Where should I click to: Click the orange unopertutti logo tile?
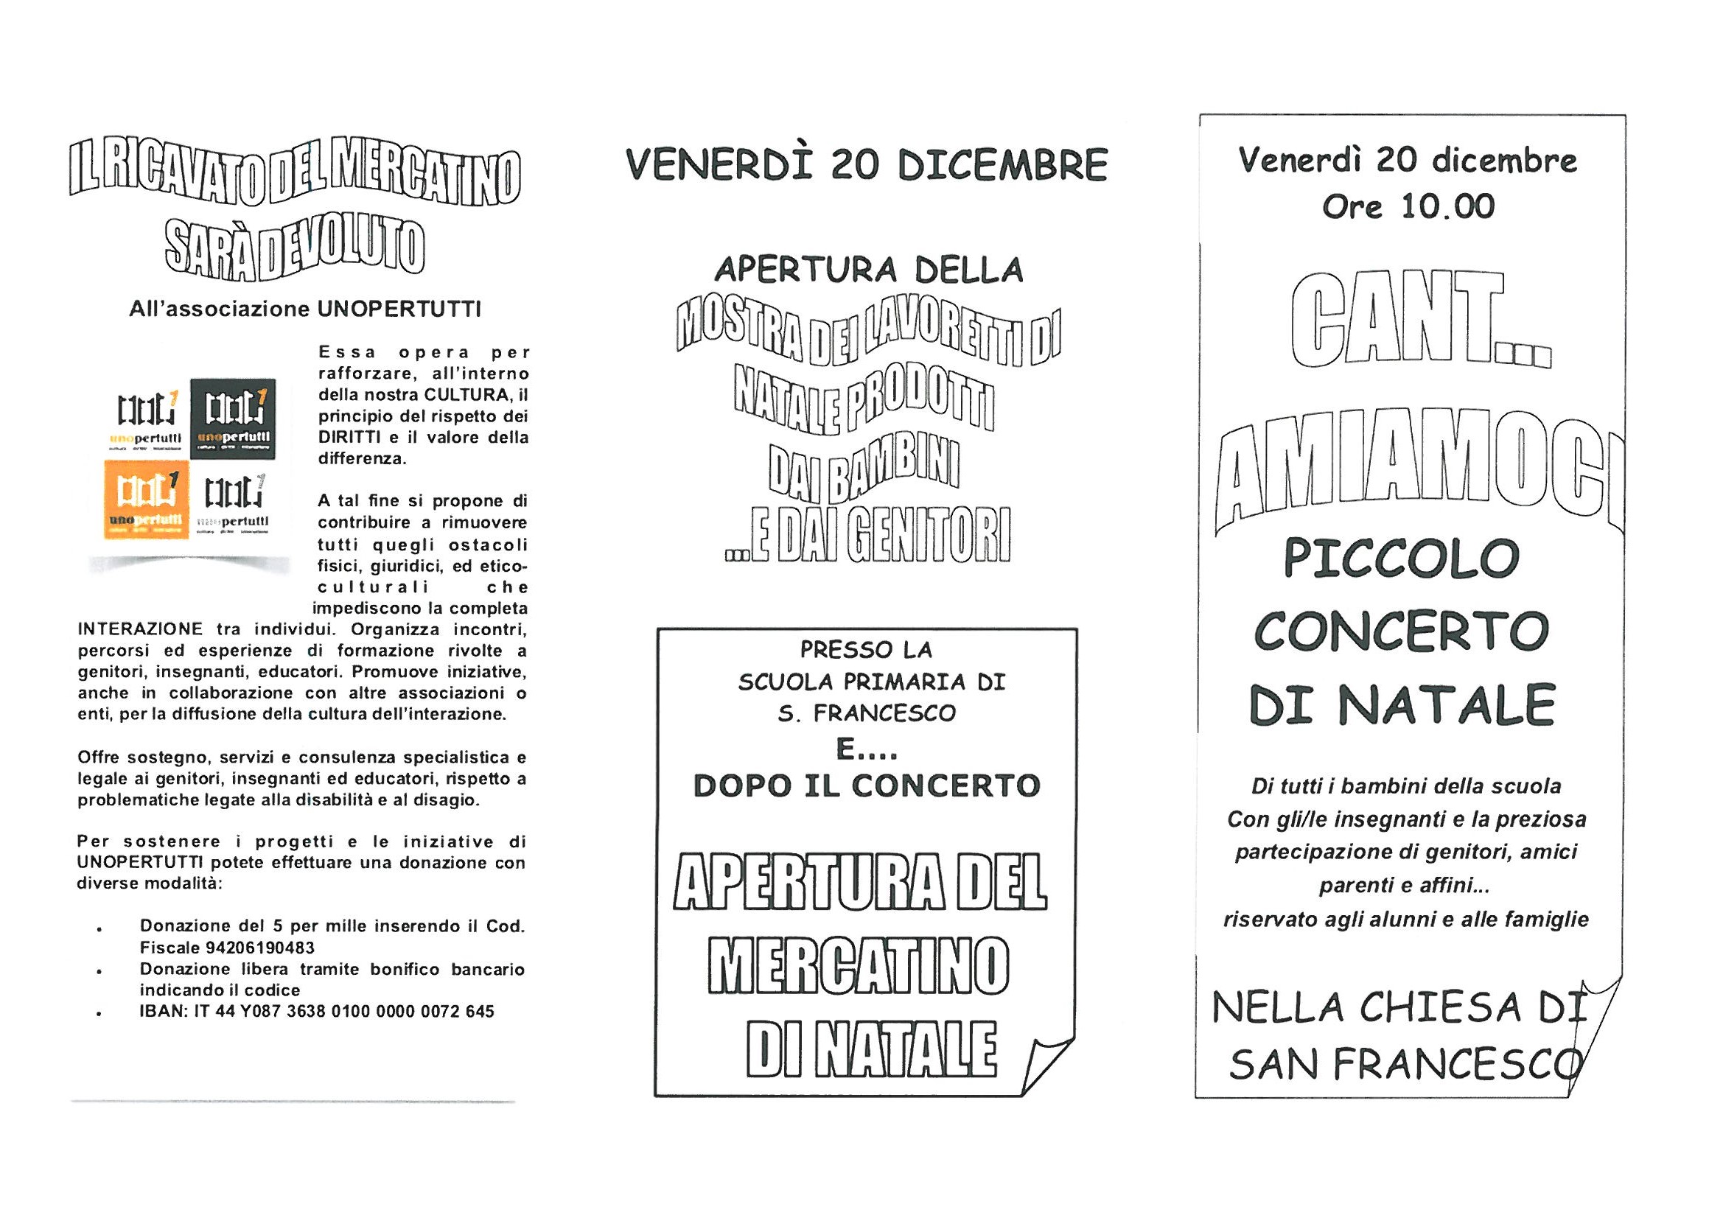click(144, 499)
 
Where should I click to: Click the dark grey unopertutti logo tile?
click(233, 418)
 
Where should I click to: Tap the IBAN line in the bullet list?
click(317, 1012)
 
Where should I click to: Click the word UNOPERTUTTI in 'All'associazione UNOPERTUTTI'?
click(398, 309)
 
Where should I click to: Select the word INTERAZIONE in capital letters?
click(140, 629)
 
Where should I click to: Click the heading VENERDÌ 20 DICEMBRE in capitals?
click(867, 165)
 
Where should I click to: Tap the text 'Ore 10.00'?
click(1408, 206)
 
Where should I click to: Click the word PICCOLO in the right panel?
click(1401, 559)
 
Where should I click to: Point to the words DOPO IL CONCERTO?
click(867, 785)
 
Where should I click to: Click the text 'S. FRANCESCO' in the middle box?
click(867, 713)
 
